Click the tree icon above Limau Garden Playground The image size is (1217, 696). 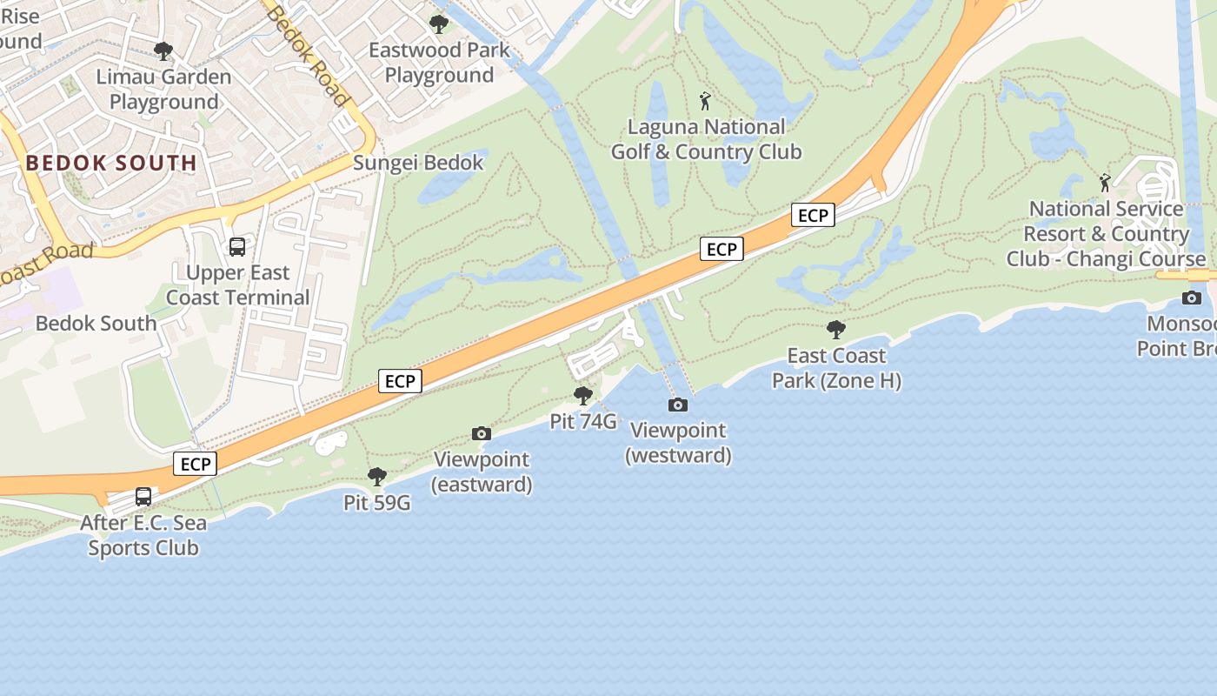[x=163, y=51]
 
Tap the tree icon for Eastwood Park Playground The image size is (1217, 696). [x=439, y=24]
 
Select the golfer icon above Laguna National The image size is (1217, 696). [x=705, y=101]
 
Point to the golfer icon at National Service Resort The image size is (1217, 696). [x=1105, y=183]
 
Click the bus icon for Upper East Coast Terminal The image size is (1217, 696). [x=237, y=247]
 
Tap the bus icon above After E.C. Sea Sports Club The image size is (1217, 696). [x=143, y=497]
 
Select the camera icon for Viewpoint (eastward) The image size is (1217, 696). [x=481, y=433]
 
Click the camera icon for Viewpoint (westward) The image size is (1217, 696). [x=677, y=405]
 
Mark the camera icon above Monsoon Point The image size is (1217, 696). [x=1192, y=298]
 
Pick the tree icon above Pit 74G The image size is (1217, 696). [x=583, y=396]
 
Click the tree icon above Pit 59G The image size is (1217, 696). [x=376, y=477]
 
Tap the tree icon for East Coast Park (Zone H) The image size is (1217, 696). [x=836, y=330]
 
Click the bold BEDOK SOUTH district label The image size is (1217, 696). [x=111, y=163]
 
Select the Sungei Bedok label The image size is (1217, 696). [x=418, y=163]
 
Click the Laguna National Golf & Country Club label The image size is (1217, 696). [x=706, y=139]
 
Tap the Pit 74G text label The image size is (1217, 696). [x=583, y=422]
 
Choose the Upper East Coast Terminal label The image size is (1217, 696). [x=237, y=285]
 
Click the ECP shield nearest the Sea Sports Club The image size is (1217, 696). [x=195, y=464]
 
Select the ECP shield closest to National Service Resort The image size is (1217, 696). [x=813, y=215]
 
